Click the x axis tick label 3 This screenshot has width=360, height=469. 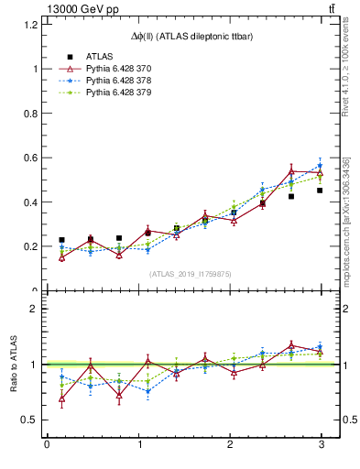point(321,444)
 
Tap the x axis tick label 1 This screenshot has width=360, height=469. point(137,444)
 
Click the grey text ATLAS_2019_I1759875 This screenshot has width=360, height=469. point(191,274)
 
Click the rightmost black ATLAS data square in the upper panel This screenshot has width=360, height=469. point(320,191)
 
